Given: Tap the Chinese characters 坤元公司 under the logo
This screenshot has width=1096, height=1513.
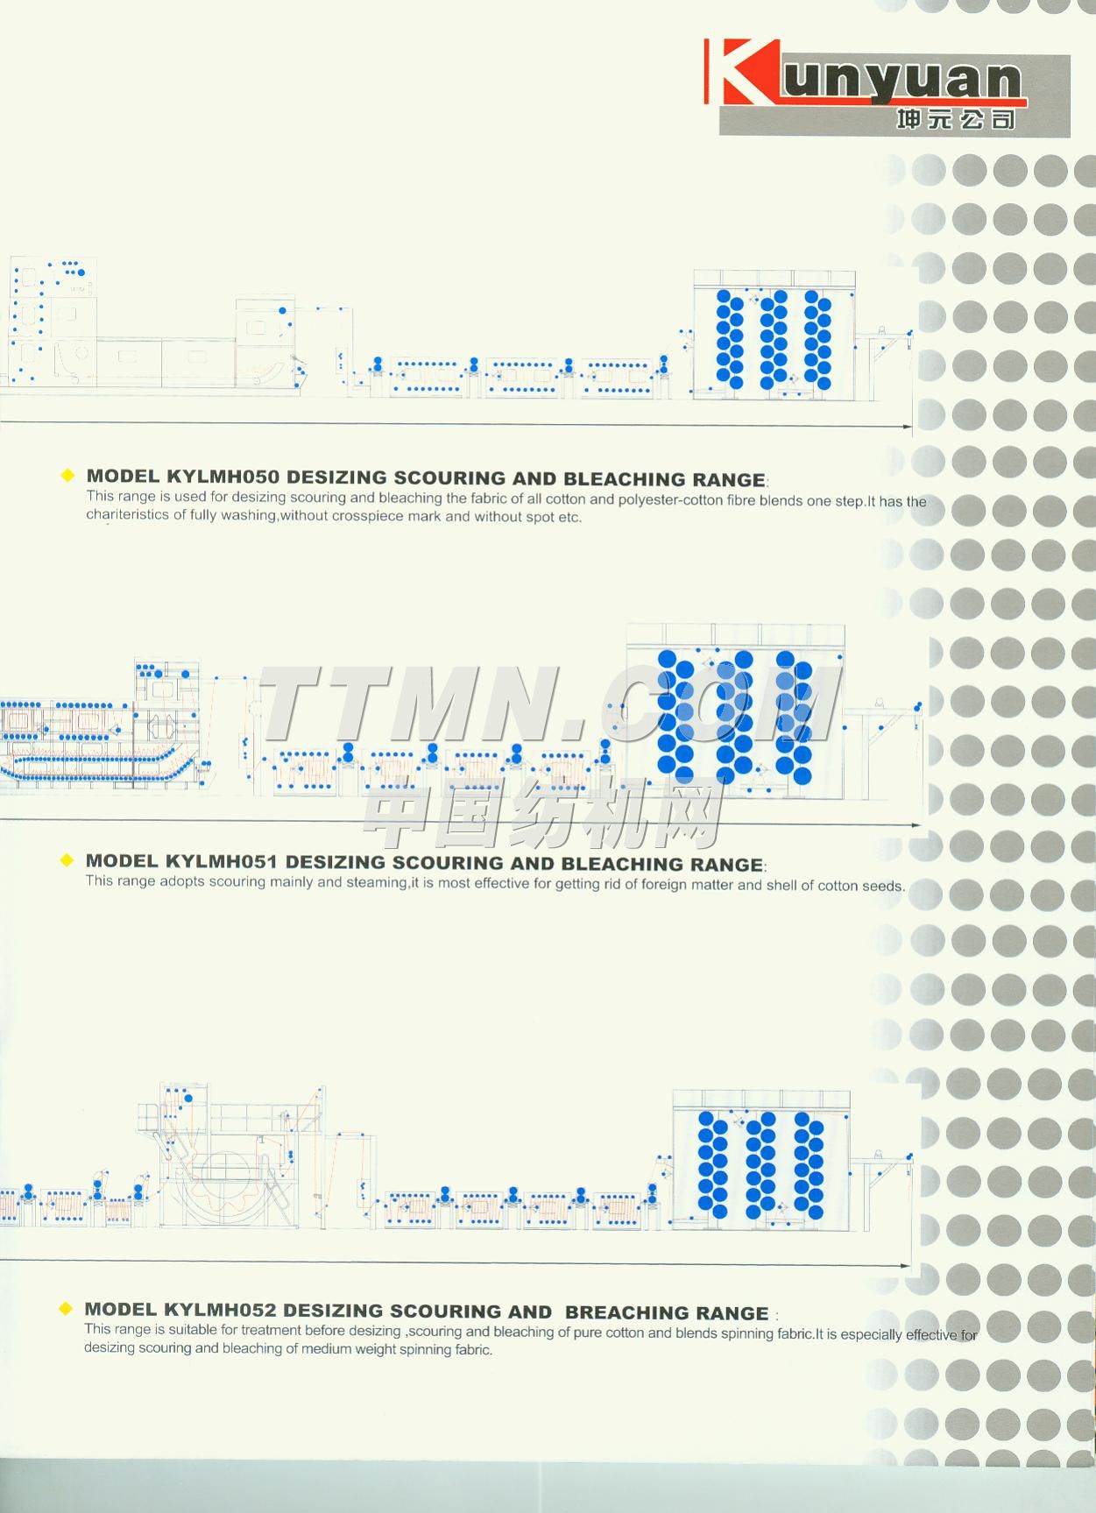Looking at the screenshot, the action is (956, 118).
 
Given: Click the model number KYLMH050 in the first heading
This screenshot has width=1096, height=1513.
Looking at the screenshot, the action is (223, 477).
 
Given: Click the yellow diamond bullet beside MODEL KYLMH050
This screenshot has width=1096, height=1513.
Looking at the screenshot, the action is (67, 476).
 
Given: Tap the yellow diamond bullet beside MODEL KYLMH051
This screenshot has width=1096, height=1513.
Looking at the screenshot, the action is (67, 860).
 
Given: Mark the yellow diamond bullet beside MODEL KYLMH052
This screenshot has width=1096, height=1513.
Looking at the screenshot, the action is (65, 1309).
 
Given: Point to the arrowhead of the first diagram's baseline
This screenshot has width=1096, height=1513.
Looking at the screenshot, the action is (907, 426).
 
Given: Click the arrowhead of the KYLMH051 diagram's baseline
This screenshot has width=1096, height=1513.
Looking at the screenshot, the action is (916, 825).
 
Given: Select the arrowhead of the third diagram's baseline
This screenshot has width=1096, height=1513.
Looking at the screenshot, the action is (904, 1265).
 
